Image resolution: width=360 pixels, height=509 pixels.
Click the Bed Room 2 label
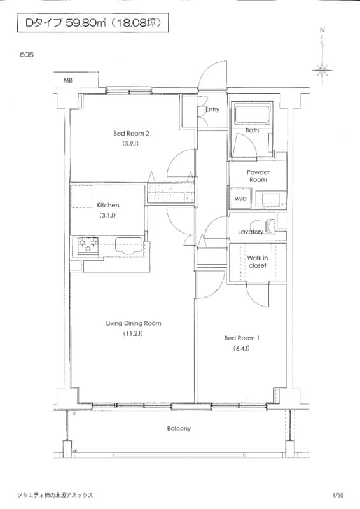pos(131,133)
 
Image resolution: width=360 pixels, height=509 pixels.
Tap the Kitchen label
pos(108,205)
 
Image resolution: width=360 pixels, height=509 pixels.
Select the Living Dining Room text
pos(134,323)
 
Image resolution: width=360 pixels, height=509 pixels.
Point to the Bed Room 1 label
pos(242,338)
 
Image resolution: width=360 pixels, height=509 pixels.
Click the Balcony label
pos(179,428)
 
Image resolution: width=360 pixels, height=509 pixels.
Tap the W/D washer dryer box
pos(240,199)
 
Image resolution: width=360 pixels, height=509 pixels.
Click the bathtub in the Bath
pos(253,114)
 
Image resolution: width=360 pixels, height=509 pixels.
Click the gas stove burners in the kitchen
pos(88,245)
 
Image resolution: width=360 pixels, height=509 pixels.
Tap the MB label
pos(68,81)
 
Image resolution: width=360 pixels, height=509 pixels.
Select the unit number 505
pos(27,55)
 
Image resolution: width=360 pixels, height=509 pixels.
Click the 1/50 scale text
pos(338,496)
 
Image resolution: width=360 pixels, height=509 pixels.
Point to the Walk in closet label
pos(258,261)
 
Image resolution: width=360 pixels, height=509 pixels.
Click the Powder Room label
pos(258,176)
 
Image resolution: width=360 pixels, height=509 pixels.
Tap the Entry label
pos(212,109)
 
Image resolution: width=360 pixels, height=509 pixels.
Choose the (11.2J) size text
pos(133,333)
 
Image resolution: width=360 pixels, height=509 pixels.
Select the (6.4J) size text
pos(241,349)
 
